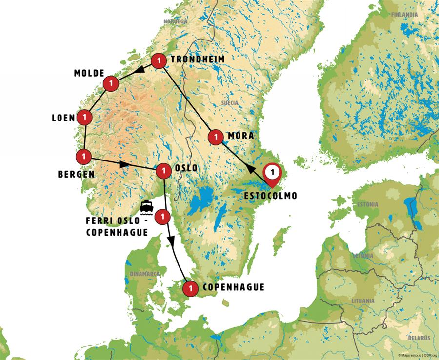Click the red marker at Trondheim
coord(158,61)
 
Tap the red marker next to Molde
coord(112,83)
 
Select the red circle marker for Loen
coord(85,117)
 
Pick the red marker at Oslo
coord(163,170)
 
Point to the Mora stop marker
coord(215,137)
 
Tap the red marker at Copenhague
coord(190,289)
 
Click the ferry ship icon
coord(146,206)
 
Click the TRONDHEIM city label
coord(197,59)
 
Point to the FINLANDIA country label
coord(404,15)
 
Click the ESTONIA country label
coord(368,204)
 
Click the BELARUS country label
coord(419,338)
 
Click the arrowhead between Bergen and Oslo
coord(124,164)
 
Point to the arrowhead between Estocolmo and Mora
coord(250,168)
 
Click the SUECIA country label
coord(228,103)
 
